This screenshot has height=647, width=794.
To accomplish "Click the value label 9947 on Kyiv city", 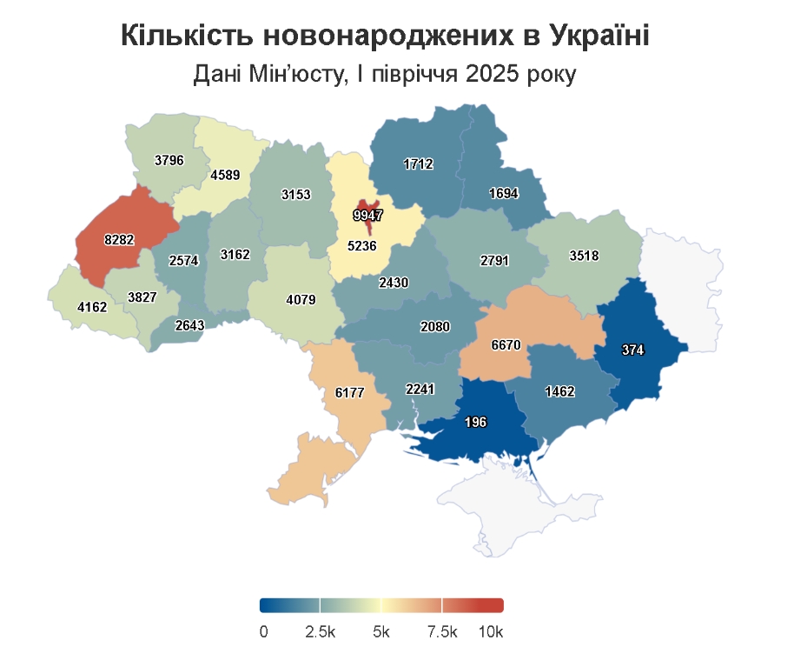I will pos(368,213).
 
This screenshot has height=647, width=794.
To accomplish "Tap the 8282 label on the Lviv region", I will pos(119,239).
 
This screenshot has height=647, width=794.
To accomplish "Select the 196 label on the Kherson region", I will pos(475,423).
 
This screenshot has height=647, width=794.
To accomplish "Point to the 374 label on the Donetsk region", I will pos(634,350).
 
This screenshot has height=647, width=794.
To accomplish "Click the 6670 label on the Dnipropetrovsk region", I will pos(506,345).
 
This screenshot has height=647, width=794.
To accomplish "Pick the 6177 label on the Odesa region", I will pos(349,393).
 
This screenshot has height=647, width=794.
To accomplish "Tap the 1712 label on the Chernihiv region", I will pos(418,163).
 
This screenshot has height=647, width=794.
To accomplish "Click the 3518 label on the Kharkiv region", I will pos(584,256).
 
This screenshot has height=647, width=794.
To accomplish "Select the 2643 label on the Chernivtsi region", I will pos(189,326).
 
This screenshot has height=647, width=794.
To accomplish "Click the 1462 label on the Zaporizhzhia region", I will pos(560,392).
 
